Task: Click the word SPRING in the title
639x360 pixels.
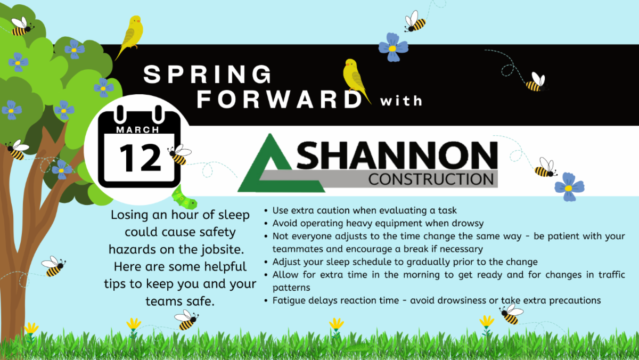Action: click(x=207, y=74)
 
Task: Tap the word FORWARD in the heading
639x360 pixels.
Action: click(x=280, y=100)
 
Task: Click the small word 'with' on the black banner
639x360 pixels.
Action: click(x=401, y=101)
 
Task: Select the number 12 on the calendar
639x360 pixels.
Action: click(x=140, y=158)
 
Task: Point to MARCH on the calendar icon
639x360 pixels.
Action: click(x=138, y=130)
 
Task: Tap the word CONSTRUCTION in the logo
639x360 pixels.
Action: click(x=431, y=179)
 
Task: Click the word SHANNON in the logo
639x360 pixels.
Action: click(x=397, y=155)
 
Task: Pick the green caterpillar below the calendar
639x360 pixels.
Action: click(x=184, y=198)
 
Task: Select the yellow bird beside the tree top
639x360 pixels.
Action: click(x=130, y=37)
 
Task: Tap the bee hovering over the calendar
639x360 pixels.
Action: click(x=179, y=154)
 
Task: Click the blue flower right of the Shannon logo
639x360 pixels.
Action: click(x=569, y=187)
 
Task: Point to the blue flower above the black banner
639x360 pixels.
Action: click(x=393, y=47)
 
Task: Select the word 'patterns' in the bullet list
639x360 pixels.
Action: click(x=291, y=288)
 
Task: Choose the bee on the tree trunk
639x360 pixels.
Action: click(x=18, y=150)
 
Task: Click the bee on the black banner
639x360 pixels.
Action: click(x=536, y=83)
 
